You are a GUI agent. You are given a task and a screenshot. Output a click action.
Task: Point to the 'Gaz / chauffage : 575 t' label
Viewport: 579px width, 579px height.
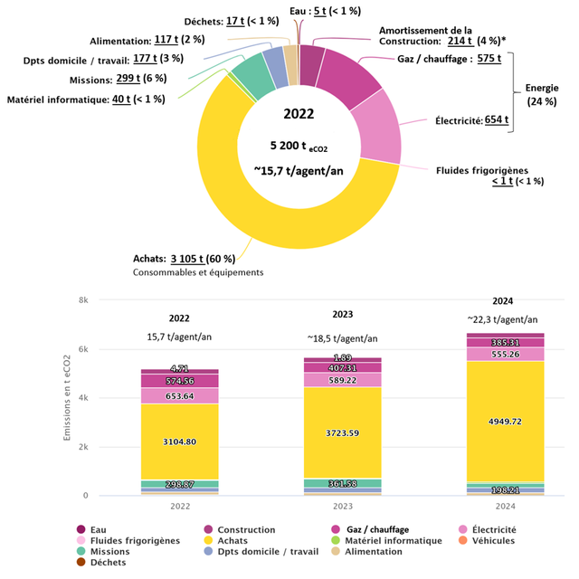click(x=449, y=59)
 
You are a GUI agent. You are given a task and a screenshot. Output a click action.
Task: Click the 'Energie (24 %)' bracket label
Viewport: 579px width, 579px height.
click(x=542, y=94)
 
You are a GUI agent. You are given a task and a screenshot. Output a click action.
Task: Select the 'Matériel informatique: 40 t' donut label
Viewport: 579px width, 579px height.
click(x=85, y=100)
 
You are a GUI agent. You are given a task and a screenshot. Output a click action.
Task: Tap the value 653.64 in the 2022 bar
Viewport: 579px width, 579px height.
click(x=179, y=396)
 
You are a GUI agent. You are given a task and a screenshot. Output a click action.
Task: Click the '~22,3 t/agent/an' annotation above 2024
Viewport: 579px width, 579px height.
click(x=503, y=318)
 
